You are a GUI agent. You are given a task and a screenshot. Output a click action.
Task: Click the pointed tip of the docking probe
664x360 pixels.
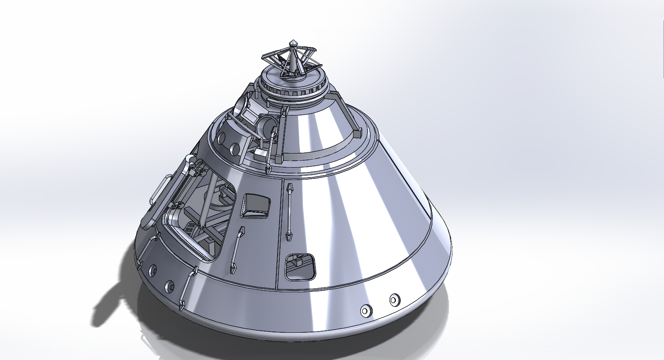pos(294,42)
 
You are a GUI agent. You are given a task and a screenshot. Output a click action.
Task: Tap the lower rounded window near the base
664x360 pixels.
pos(300,266)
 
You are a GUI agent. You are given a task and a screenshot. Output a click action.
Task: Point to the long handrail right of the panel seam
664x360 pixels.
pos(289,212)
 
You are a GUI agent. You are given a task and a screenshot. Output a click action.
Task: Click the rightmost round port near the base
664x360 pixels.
pos(394,299)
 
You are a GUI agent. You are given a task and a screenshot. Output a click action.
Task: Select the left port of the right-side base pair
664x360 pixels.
pos(366,310)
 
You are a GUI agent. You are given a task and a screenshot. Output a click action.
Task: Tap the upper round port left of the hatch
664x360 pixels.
pos(152,271)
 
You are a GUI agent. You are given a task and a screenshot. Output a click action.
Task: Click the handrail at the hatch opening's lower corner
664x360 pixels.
pos(188,287)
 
